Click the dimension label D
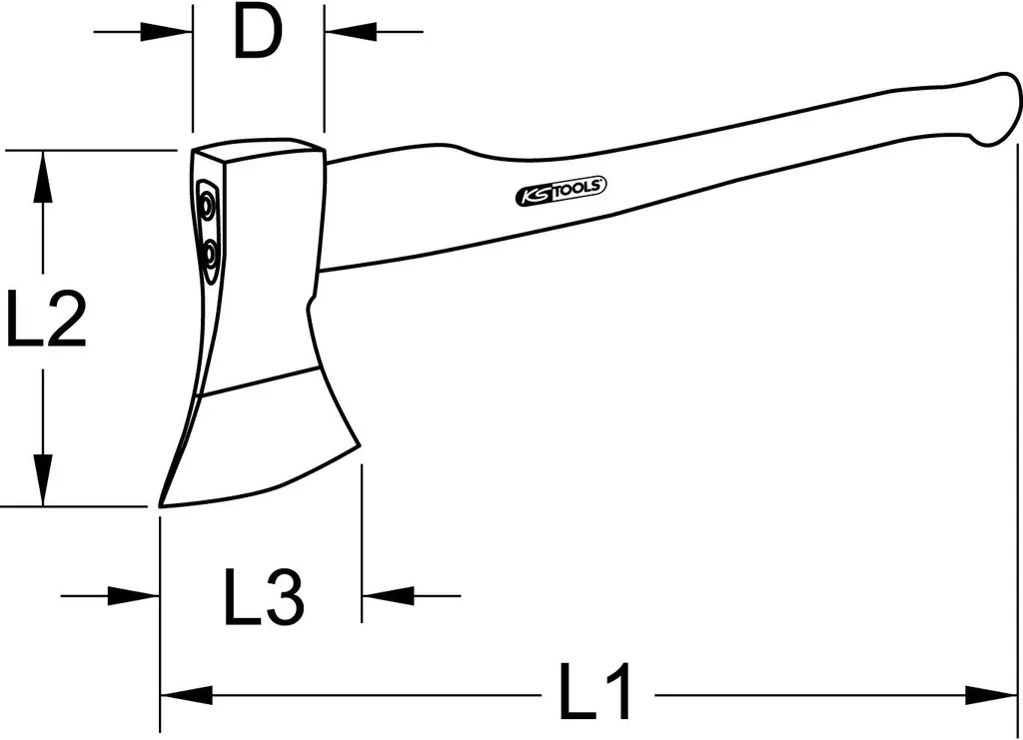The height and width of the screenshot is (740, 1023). tap(257, 35)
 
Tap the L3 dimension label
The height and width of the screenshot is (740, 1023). tap(262, 597)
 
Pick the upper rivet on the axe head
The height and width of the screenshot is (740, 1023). tap(207, 207)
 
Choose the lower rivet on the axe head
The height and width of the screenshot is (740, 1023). tap(211, 256)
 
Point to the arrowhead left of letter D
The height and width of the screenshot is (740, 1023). tap(171, 32)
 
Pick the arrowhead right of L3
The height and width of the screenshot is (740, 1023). tap(383, 596)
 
